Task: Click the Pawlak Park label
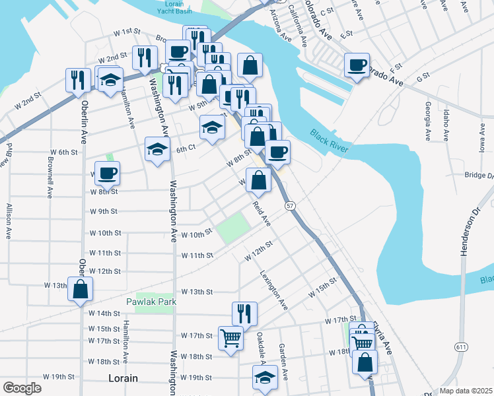tap(153, 302)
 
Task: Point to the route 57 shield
tap(290, 206)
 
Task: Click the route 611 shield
tap(460, 346)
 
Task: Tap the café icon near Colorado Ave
tap(357, 65)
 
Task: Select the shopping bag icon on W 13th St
tap(80, 289)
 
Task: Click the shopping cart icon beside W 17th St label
tap(231, 339)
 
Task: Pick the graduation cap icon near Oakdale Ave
tap(265, 378)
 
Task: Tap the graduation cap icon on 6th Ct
tap(159, 149)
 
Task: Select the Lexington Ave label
tap(273, 290)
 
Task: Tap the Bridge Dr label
tap(479, 176)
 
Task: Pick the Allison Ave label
tap(9, 221)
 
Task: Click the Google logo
tap(22, 388)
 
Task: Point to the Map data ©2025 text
tap(465, 391)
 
